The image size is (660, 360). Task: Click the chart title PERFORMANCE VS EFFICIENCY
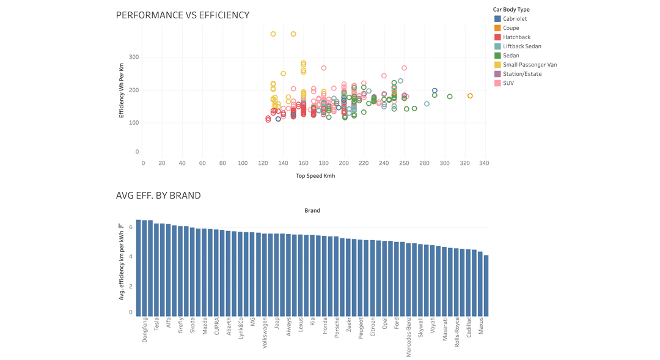pyautogui.click(x=182, y=15)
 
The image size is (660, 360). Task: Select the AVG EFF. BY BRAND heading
pyautogui.click(x=158, y=196)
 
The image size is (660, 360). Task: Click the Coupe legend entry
pyautogui.click(x=511, y=28)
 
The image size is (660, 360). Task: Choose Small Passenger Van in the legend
pyautogui.click(x=529, y=65)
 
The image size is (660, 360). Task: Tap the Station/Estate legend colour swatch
pyautogui.click(x=497, y=74)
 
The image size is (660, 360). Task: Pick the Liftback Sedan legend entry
pyautogui.click(x=522, y=46)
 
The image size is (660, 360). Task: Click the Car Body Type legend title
pyautogui.click(x=511, y=10)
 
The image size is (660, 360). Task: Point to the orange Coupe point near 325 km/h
pyautogui.click(x=470, y=96)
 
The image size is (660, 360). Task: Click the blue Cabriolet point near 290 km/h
pyautogui.click(x=435, y=90)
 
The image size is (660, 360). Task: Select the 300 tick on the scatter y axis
pyautogui.click(x=133, y=57)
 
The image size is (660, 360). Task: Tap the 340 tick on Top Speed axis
pyautogui.click(x=484, y=163)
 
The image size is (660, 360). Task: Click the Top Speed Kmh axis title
pyautogui.click(x=315, y=176)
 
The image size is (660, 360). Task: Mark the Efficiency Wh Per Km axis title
pyautogui.click(x=121, y=90)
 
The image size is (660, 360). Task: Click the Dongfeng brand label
pyautogui.click(x=145, y=329)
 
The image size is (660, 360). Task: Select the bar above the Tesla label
pyautogui.click(x=156, y=269)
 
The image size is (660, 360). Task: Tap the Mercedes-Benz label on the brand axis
pyautogui.click(x=409, y=336)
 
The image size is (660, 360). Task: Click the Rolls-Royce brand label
pyautogui.click(x=457, y=332)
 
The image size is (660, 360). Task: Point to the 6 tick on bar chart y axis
pyautogui.click(x=130, y=227)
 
